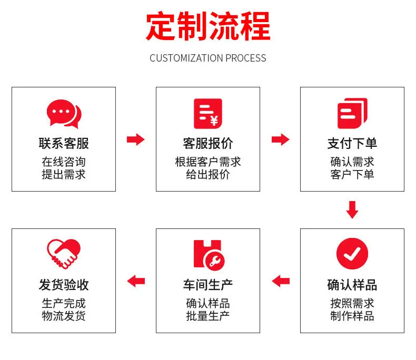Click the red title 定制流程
(208, 26)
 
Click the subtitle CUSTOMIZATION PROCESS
(207, 58)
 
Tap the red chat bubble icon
(64, 114)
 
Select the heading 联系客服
(64, 143)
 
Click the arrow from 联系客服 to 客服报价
(135, 139)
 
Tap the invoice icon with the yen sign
(207, 114)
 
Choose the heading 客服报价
(208, 143)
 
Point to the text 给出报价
(208, 174)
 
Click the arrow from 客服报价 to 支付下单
(281, 139)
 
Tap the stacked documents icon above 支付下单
(352, 113)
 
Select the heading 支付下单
(352, 143)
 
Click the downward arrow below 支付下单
(352, 210)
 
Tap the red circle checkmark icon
(352, 254)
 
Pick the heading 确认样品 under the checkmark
(352, 285)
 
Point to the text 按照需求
(352, 303)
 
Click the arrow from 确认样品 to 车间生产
(281, 281)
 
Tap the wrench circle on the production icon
(214, 261)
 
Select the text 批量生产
(208, 316)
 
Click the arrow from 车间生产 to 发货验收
(136, 281)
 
